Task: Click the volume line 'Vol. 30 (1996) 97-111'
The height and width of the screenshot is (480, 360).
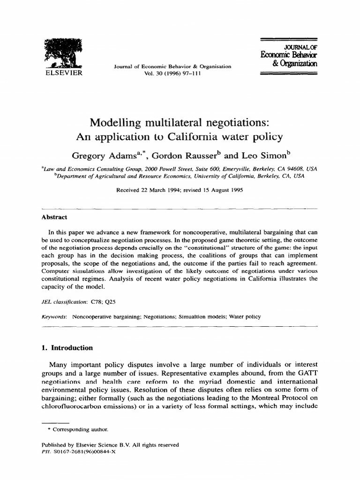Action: pyautogui.click(x=172, y=74)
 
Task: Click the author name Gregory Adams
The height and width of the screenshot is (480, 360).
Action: pyautogui.click(x=102, y=155)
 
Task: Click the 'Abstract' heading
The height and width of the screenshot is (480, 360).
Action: pyautogui.click(x=54, y=217)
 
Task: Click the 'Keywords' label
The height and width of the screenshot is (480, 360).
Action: pyautogui.click(x=54, y=317)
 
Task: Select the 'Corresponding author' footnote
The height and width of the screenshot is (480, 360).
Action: pyautogui.click(x=80, y=429)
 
